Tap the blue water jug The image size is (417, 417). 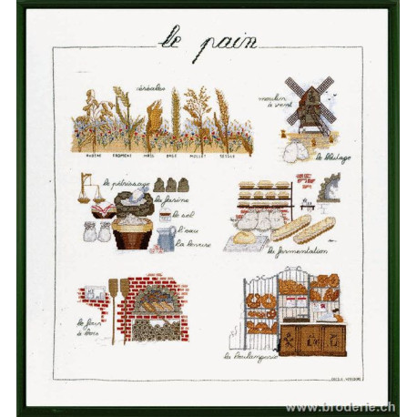166,238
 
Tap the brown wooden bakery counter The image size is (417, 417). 311,340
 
